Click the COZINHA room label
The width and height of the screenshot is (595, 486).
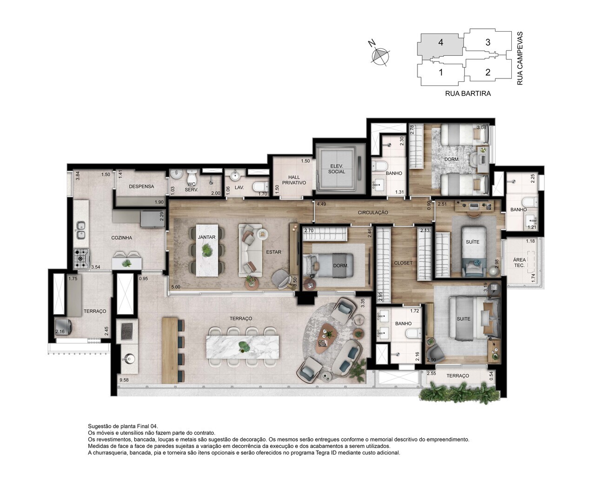pos(121,237)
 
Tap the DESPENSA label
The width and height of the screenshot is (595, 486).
pos(141,186)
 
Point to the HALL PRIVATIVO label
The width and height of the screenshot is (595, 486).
pos(294,180)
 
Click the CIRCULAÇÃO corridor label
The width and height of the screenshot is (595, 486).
pos(372,212)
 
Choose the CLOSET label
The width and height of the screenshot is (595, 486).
pos(403,263)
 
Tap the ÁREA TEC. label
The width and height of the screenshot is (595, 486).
pos(519,263)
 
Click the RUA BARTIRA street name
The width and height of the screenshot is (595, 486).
pos(468,93)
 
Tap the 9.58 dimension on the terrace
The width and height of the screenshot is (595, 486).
pos(124,380)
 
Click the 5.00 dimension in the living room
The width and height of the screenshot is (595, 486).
pos(175,287)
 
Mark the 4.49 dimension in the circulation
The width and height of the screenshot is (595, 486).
pos(321,204)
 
